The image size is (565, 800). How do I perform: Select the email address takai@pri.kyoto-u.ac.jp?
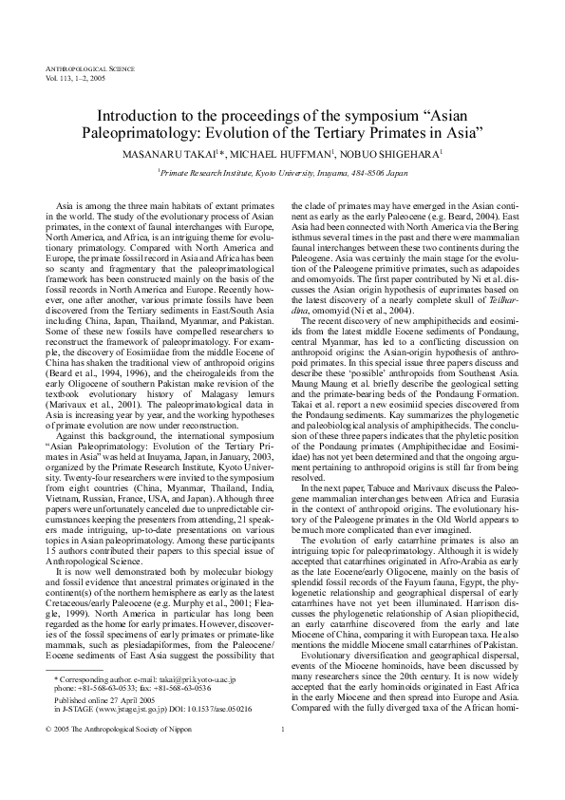[x=199, y=706]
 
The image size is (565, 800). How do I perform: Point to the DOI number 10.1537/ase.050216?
[x=217, y=736]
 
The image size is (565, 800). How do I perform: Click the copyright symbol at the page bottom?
[x=48, y=756]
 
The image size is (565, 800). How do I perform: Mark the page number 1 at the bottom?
[x=283, y=756]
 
